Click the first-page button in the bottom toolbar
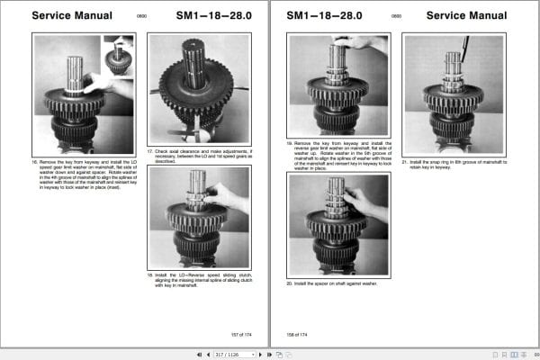(x=199, y=354)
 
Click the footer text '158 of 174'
(x=297, y=334)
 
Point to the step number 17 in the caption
(x=150, y=151)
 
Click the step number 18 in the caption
(x=150, y=274)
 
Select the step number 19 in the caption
(x=290, y=142)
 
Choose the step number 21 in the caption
(x=406, y=162)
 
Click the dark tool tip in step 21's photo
(x=465, y=44)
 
